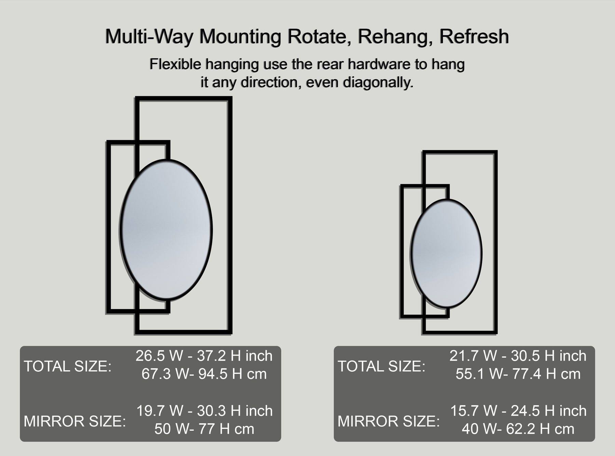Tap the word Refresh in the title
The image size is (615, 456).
pos(474,36)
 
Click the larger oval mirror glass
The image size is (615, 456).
pos(166,230)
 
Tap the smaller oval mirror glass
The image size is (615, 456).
pos(446,253)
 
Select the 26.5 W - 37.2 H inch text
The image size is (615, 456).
pos(204,356)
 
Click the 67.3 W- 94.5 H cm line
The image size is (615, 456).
pos(204,374)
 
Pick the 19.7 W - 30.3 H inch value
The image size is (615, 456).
pos(204,411)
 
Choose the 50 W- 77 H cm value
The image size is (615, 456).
pos(204,429)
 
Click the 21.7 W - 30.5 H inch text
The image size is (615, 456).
pos(518,356)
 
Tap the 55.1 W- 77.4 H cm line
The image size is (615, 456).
pos(518,374)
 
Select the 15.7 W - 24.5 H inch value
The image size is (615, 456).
pos(518,411)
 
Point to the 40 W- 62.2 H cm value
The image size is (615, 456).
pos(518,429)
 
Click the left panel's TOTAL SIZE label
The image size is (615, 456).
pos(68,366)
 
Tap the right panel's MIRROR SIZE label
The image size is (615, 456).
pos(388,421)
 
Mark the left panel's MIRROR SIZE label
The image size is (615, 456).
pos(74,421)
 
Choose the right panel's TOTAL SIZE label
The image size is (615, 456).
pos(382,366)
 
